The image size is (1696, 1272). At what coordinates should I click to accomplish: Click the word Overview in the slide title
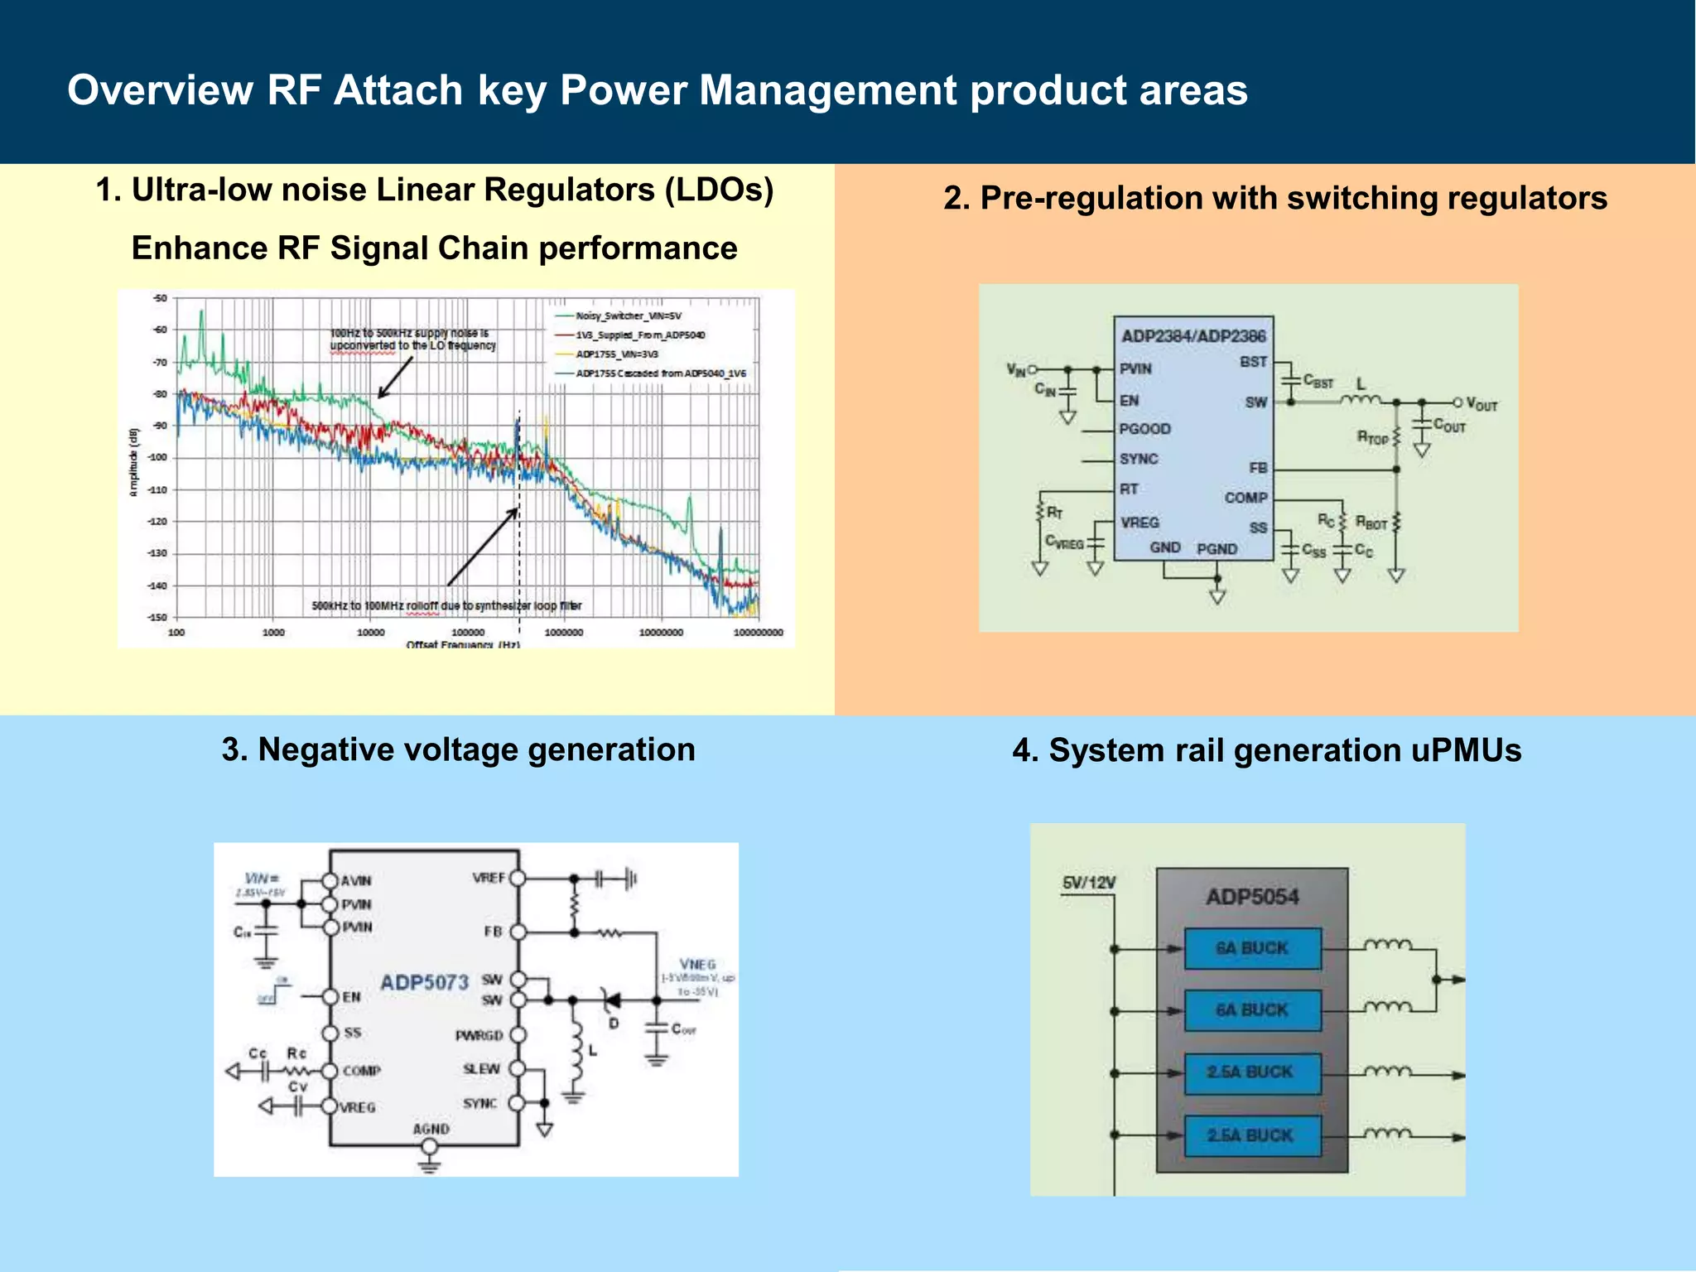point(160,89)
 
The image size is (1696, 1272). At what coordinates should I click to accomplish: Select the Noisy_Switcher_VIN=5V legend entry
point(628,316)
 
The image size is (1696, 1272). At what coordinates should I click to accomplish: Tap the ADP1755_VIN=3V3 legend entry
point(617,354)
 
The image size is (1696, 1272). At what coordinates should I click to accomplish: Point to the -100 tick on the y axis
point(157,457)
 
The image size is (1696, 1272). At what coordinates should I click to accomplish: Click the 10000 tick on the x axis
point(370,633)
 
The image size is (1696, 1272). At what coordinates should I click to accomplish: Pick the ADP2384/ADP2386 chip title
point(1193,335)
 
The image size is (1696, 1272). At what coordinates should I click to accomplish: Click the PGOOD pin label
point(1144,429)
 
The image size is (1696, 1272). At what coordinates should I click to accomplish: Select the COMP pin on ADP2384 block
point(1245,498)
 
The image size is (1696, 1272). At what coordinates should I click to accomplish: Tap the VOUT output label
point(1482,404)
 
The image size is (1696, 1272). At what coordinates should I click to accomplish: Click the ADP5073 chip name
point(424,983)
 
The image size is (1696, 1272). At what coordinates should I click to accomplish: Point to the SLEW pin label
point(481,1069)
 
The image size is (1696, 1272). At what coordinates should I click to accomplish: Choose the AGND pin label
point(431,1129)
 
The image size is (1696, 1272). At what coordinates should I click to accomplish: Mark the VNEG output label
point(697,965)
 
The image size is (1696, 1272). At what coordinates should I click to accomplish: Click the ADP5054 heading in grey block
point(1252,897)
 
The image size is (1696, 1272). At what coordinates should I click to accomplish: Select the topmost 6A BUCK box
point(1252,948)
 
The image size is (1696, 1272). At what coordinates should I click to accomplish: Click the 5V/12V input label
point(1088,883)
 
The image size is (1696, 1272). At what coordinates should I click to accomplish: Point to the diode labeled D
point(613,1002)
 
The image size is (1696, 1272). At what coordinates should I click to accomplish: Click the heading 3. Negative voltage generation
point(458,749)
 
